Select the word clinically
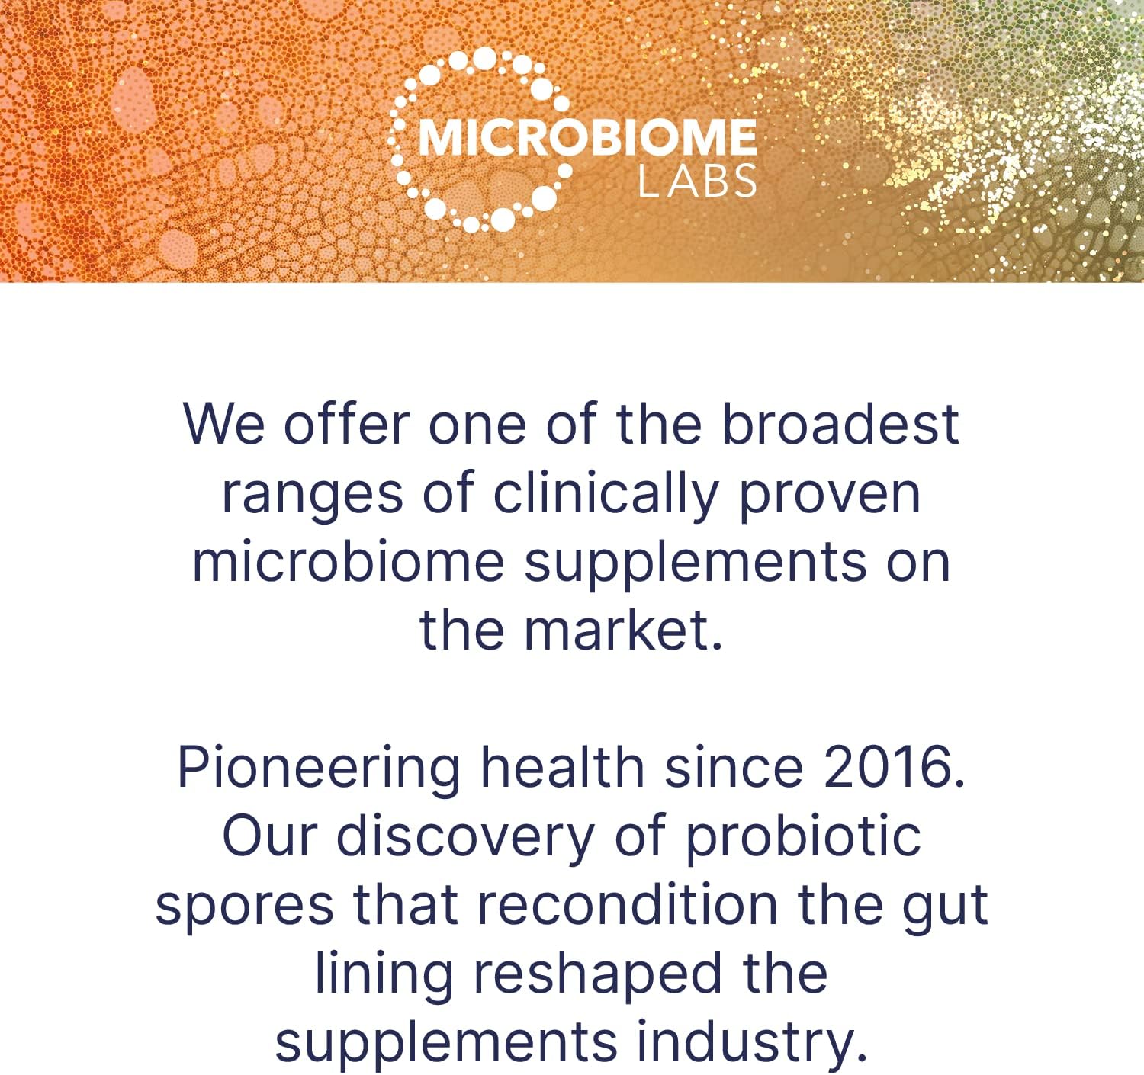click(x=606, y=495)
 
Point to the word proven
click(x=830, y=495)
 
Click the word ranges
click(x=312, y=495)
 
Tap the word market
click(x=623, y=631)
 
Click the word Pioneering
click(x=318, y=769)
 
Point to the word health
click(x=562, y=767)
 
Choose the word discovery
click(x=465, y=837)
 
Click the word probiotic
click(x=803, y=837)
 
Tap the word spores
click(x=245, y=906)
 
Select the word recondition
click(x=627, y=904)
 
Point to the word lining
click(x=384, y=974)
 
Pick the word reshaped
click(x=597, y=974)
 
